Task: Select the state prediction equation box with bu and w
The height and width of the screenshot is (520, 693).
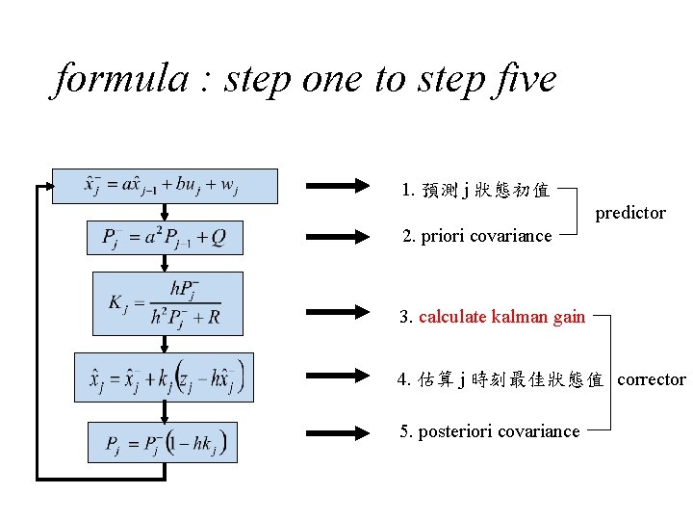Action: tap(165, 186)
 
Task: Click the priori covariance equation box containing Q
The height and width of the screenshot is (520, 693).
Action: tap(165, 238)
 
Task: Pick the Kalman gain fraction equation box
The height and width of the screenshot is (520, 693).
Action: tap(167, 303)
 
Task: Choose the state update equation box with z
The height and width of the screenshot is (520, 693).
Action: tap(165, 377)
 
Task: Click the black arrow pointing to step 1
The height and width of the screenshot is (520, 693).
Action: tap(338, 186)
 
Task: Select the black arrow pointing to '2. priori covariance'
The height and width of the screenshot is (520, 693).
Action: tap(338, 236)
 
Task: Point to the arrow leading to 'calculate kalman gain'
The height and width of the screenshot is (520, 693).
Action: tap(338, 312)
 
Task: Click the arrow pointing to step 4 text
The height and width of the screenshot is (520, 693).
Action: tap(338, 378)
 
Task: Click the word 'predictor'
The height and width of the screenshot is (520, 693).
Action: tap(630, 213)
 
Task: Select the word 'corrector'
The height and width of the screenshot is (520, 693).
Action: tap(652, 379)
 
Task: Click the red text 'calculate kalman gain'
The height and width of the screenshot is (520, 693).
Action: tap(501, 317)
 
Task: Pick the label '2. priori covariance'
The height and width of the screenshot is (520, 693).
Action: tap(476, 236)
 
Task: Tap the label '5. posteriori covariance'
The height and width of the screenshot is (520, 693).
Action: tap(490, 431)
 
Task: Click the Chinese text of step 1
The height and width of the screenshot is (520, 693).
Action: tap(486, 190)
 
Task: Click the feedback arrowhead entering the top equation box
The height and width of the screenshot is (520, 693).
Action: tap(47, 186)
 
